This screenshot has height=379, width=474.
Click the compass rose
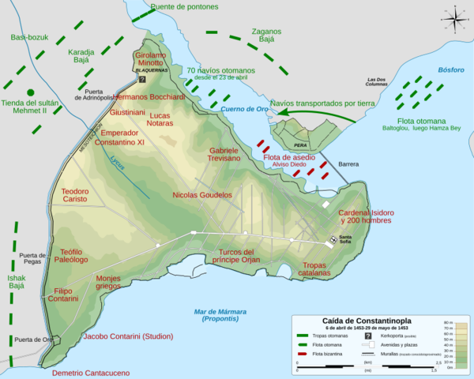pos(453,17)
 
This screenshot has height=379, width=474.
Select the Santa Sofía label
pos(344,238)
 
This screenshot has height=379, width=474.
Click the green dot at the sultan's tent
pos(30,92)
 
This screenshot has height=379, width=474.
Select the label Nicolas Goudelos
pos(202,194)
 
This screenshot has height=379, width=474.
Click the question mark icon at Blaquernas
pos(142,79)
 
